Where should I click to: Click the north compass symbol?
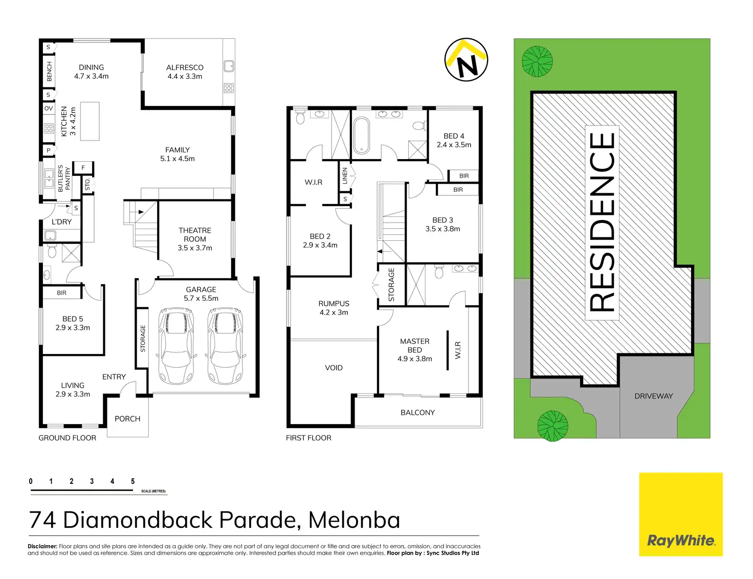(x=466, y=60)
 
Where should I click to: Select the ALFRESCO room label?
(x=185, y=68)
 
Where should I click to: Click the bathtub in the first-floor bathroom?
(x=362, y=135)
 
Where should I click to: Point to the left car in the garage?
(x=176, y=346)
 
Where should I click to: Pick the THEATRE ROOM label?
(x=195, y=235)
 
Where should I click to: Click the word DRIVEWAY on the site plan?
(x=654, y=396)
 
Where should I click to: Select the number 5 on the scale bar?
(x=132, y=481)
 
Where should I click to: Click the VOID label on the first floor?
(x=334, y=368)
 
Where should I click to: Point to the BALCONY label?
(x=417, y=412)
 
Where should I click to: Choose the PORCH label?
(x=127, y=418)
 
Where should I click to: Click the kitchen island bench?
(x=90, y=121)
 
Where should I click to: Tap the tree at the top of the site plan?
(x=537, y=61)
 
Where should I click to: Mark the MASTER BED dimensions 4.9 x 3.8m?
(x=415, y=359)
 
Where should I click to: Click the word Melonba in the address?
(x=354, y=520)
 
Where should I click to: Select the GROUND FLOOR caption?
(x=67, y=438)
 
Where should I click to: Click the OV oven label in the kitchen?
(x=49, y=108)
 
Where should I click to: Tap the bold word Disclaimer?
(x=42, y=546)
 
